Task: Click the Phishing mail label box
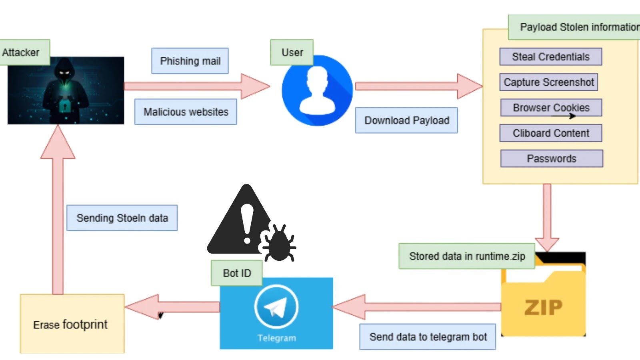190,61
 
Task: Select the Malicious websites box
186,112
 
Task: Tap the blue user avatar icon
317,91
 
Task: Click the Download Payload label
406,120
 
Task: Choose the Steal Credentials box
550,57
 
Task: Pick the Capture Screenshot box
548,82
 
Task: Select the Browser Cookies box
551,108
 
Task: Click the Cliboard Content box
551,133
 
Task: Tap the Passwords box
551,159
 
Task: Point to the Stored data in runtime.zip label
467,256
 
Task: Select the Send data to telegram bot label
428,337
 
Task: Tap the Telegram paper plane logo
276,307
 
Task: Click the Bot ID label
237,273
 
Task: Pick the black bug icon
279,243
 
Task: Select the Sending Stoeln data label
122,218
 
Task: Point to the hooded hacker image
66,91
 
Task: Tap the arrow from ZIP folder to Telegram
416,307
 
